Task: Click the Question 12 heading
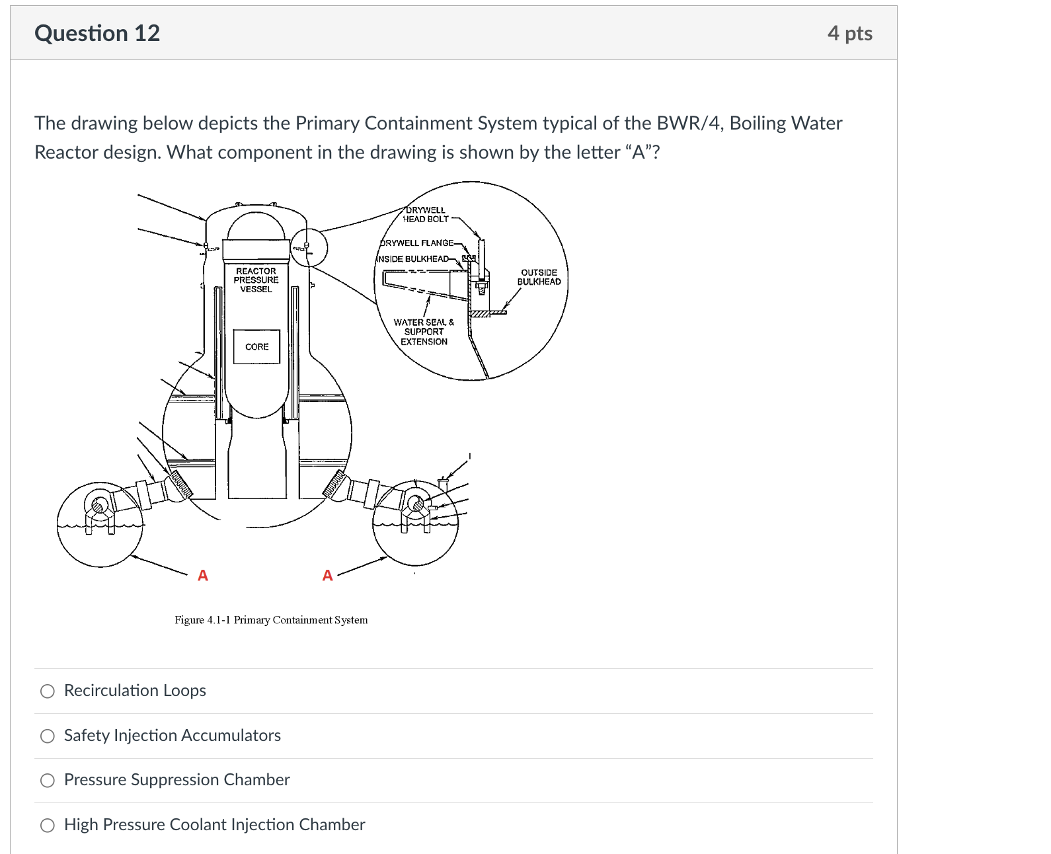point(97,33)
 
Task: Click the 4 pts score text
point(849,33)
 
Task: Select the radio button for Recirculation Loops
point(48,691)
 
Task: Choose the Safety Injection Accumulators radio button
point(48,736)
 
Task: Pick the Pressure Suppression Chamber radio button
point(48,781)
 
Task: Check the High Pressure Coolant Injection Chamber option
point(48,826)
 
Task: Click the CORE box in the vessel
point(256,346)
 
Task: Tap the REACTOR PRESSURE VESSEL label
point(256,280)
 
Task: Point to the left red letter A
point(203,576)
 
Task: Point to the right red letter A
point(327,576)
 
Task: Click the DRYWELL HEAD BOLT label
point(426,214)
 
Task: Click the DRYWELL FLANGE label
point(418,243)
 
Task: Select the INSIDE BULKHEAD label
point(414,258)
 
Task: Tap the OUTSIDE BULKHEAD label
point(539,277)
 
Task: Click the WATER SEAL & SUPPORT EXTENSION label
point(424,332)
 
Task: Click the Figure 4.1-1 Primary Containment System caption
point(271,620)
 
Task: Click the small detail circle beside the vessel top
point(309,247)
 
